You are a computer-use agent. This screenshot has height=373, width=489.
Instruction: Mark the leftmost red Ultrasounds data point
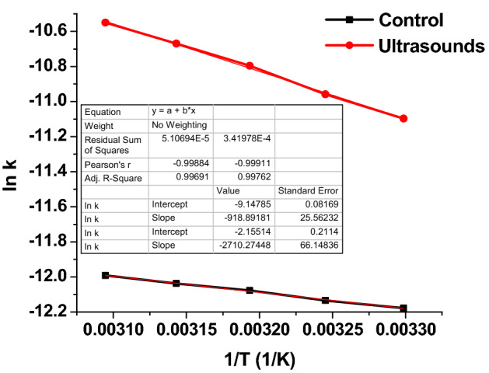(x=105, y=22)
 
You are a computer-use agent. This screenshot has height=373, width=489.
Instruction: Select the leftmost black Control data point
(x=105, y=275)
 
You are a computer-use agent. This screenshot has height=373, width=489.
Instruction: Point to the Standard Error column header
(x=307, y=191)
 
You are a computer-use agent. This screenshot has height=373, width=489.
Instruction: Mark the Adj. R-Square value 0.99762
(x=243, y=177)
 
